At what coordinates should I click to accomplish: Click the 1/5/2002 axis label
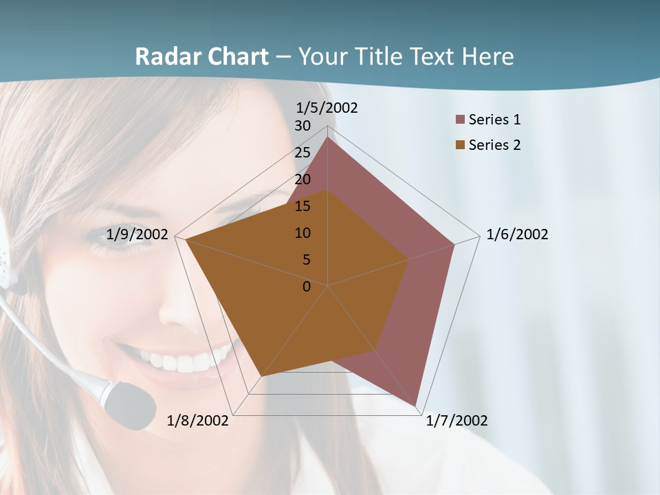[x=327, y=108]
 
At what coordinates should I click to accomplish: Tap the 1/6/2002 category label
[x=517, y=234]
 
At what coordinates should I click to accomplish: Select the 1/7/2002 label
[x=456, y=421]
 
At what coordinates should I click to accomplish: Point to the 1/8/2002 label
[x=197, y=421]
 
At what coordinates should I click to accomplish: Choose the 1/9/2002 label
[x=137, y=234]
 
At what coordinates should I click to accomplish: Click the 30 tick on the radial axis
[x=302, y=126]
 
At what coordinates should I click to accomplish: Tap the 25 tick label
[x=302, y=153]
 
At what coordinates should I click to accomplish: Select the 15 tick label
[x=302, y=206]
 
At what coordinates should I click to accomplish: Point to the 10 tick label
[x=302, y=233]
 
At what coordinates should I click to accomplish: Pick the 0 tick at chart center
[x=307, y=287]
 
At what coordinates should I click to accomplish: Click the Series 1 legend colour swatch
[x=461, y=120]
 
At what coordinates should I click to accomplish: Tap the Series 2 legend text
[x=494, y=145]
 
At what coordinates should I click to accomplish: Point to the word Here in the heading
[x=487, y=56]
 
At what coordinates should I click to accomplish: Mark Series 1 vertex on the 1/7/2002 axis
[x=416, y=406]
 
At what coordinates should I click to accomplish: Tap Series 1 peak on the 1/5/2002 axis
[x=327, y=137]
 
